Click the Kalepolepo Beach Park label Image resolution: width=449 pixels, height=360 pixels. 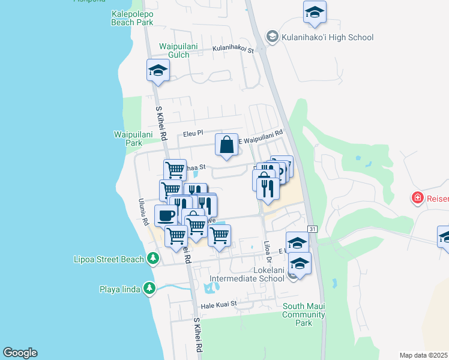click(x=132, y=18)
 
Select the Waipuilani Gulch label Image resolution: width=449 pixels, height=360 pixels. click(x=173, y=50)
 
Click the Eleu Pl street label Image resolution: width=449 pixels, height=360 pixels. click(x=194, y=133)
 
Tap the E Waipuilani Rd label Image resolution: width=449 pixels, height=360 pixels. click(x=261, y=137)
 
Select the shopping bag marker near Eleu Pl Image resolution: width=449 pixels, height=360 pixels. click(x=226, y=145)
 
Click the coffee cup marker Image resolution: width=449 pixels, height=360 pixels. click(x=166, y=215)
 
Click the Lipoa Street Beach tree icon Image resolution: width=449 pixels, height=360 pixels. click(x=153, y=259)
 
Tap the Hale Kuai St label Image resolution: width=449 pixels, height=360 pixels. click(x=219, y=305)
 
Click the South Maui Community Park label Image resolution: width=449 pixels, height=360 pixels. click(x=304, y=314)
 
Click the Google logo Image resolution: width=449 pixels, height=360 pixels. click(x=20, y=353)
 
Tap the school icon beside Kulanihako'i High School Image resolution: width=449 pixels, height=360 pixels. click(x=272, y=37)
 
